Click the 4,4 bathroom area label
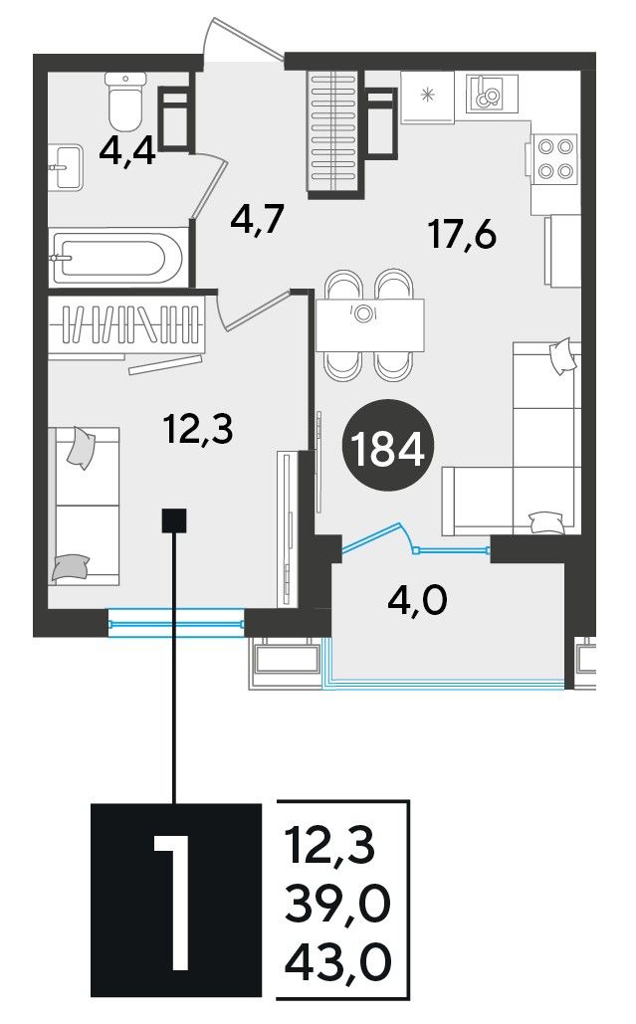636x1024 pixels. (x=127, y=153)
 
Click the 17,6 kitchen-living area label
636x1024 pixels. (x=462, y=235)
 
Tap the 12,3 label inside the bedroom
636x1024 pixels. (x=198, y=430)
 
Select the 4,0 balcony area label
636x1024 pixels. (x=417, y=600)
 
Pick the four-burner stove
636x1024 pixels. (x=555, y=158)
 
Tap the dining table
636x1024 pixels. (x=370, y=324)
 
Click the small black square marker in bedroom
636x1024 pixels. (x=174, y=520)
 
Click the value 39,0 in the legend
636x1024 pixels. (x=337, y=904)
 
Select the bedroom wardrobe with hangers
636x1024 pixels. (x=127, y=325)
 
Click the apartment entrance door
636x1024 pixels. (x=243, y=40)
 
